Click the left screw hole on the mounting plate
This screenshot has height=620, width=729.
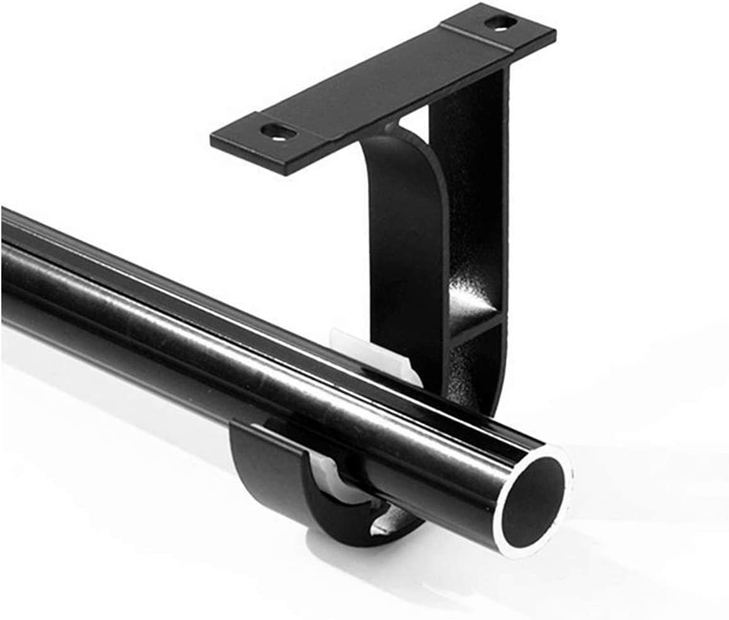pyautogui.click(x=279, y=132)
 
